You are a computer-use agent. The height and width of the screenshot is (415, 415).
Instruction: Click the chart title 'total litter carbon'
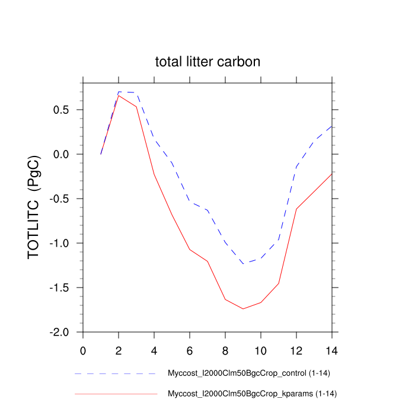[207, 62]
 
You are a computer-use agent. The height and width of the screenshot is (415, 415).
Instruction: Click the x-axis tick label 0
[83, 350]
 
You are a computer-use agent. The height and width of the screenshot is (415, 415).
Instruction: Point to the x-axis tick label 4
[154, 350]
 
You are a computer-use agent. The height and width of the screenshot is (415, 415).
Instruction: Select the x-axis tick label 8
[225, 350]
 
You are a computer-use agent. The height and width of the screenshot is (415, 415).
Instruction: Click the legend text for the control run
[248, 373]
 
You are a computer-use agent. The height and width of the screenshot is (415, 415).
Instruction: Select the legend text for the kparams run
[253, 393]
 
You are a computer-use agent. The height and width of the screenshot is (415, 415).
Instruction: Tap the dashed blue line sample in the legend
[116, 374]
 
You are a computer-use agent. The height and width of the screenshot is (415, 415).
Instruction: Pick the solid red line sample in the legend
[116, 394]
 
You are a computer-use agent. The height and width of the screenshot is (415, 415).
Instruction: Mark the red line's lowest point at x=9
[243, 308]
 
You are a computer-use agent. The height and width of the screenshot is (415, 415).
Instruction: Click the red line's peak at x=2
[119, 95]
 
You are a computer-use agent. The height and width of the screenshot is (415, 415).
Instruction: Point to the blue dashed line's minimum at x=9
[243, 263]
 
